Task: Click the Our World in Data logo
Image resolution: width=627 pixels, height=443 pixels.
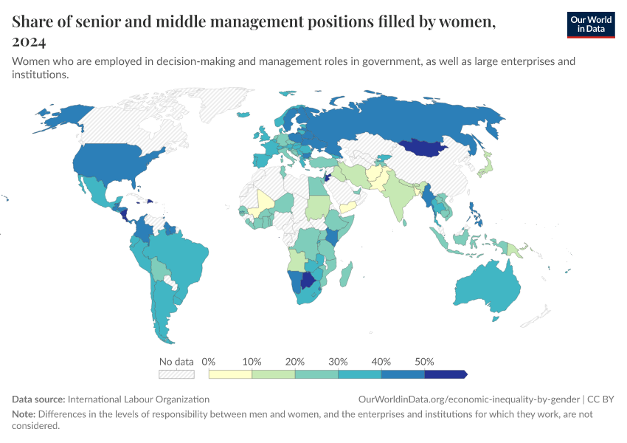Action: click(590, 24)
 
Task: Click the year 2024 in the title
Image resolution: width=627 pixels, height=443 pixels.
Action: click(29, 41)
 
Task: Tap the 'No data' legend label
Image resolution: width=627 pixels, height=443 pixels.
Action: click(176, 362)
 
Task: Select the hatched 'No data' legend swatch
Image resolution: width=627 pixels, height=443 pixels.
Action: click(176, 374)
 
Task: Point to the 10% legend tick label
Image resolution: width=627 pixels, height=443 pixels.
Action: click(252, 362)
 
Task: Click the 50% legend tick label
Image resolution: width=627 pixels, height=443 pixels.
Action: click(424, 362)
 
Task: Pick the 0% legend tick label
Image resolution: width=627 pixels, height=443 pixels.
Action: click(209, 362)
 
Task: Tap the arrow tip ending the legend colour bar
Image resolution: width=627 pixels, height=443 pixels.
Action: click(464, 374)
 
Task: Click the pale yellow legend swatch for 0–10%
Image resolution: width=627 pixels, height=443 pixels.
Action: click(230, 374)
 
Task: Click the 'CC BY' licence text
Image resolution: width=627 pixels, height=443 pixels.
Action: click(601, 399)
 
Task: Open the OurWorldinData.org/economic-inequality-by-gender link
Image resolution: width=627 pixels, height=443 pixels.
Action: click(469, 399)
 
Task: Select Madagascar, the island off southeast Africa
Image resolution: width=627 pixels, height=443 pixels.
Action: click(345, 276)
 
